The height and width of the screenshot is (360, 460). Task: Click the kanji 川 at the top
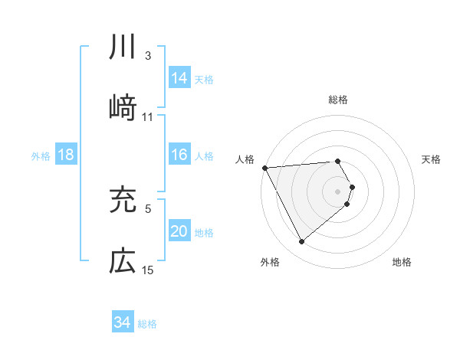tap(123, 48)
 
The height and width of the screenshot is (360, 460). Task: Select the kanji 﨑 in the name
tap(123, 108)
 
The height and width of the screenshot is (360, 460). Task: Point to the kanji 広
tap(123, 261)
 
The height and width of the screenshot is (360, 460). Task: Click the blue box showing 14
tap(179, 78)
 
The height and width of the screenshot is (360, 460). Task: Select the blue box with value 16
tap(179, 155)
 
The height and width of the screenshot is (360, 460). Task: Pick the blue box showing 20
tap(179, 232)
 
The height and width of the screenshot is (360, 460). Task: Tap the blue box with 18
tap(66, 155)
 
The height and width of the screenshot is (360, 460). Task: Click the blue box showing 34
tap(123, 323)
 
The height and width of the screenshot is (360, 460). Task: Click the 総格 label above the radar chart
tap(337, 100)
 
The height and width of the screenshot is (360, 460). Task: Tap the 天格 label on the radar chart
tap(431, 159)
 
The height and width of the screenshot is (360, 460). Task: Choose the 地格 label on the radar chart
tap(402, 262)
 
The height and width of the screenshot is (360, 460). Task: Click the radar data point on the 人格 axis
tap(264, 167)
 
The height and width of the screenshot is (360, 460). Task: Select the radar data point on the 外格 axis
tap(301, 242)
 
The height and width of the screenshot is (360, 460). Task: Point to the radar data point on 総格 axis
tap(337, 161)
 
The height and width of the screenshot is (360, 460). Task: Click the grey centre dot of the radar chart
tap(337, 191)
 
